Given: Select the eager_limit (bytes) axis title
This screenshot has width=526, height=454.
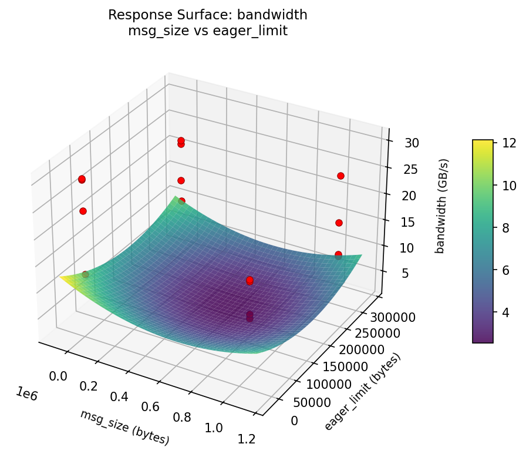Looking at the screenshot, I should coord(362,391).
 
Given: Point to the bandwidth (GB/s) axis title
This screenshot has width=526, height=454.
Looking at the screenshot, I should coord(444,206).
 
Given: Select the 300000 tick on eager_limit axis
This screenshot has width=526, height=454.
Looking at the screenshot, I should coord(394,317).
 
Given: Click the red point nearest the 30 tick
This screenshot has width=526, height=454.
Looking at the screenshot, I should coord(340,176).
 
